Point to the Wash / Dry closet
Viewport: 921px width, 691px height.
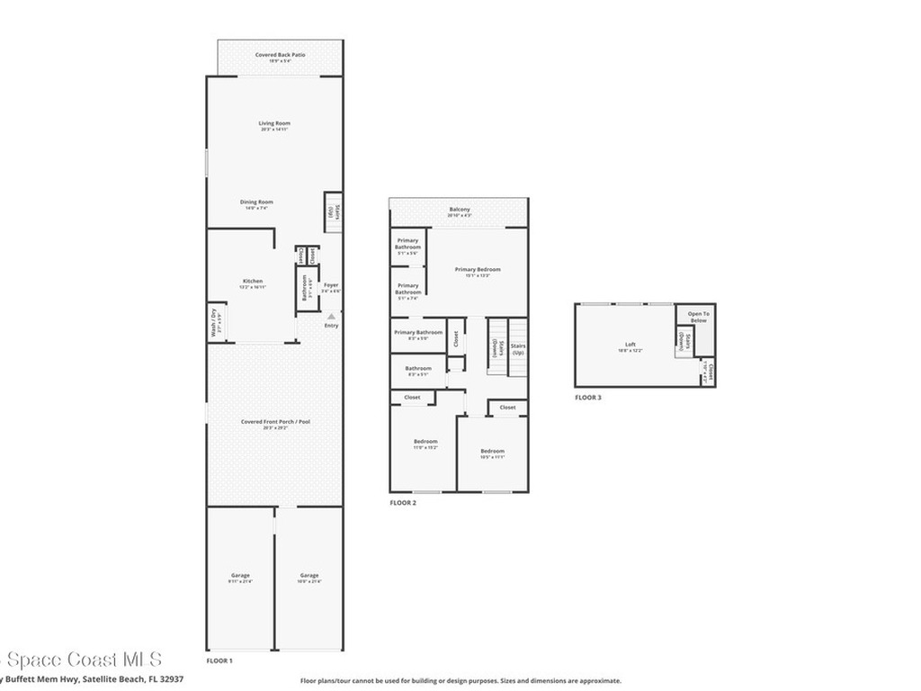(x=215, y=322)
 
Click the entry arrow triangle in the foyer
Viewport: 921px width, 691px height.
(x=331, y=316)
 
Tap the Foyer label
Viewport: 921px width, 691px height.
(x=331, y=287)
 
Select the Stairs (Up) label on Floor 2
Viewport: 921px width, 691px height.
(x=517, y=348)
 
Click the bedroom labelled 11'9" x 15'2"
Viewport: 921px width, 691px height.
(x=425, y=444)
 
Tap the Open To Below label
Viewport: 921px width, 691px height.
(x=698, y=317)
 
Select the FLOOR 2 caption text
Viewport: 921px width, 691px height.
(x=403, y=503)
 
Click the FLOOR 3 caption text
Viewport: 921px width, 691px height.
(x=588, y=397)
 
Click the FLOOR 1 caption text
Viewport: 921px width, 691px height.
(x=219, y=661)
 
